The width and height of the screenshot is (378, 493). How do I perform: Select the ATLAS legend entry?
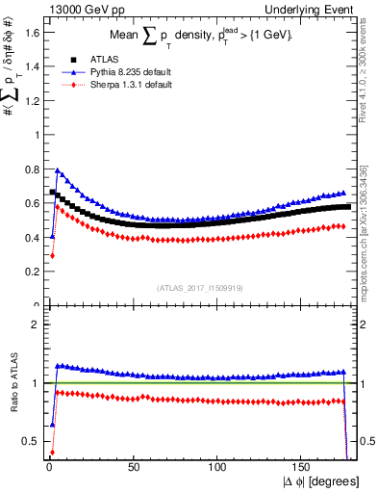[90, 57]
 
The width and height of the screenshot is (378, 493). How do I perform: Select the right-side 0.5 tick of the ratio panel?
[365, 441]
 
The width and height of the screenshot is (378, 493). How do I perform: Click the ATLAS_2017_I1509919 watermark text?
[199, 286]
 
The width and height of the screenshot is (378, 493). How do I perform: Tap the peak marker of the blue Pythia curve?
[57, 170]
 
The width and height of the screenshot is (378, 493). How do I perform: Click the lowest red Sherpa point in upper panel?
[51, 256]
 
